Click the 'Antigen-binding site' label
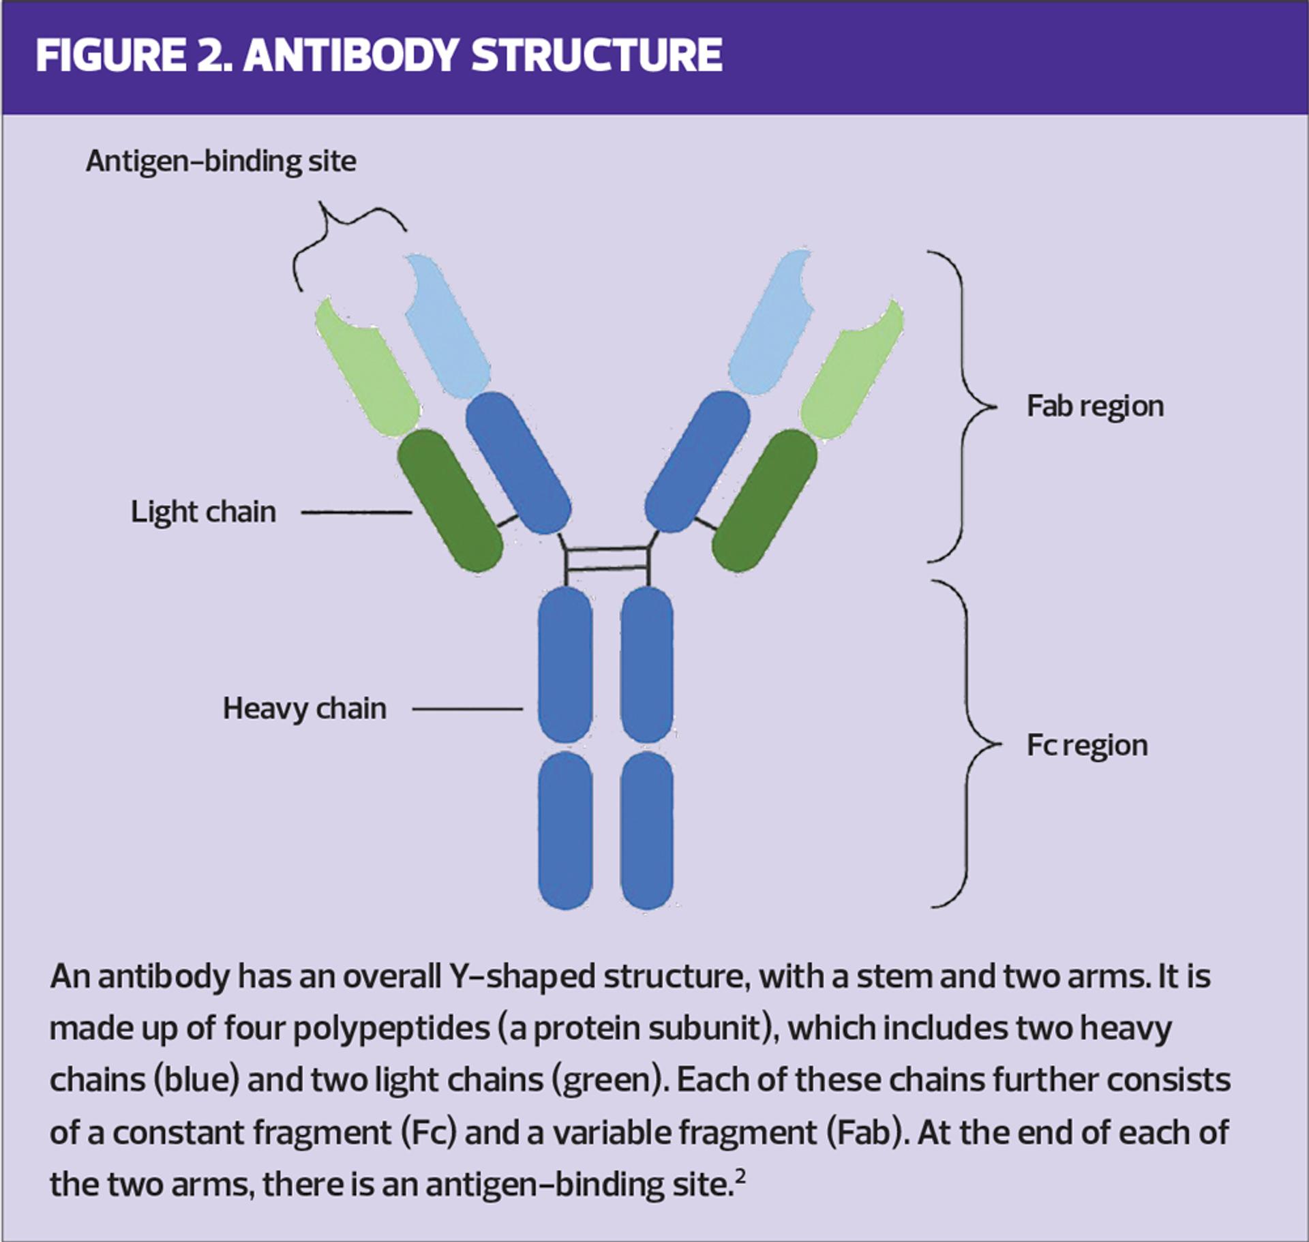pyautogui.click(x=220, y=162)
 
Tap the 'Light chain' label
pyautogui.click(x=203, y=512)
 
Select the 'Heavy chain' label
pyautogui.click(x=304, y=708)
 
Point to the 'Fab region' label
pyautogui.click(x=1095, y=406)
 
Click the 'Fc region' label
pyautogui.click(x=1087, y=745)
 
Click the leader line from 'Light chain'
pyautogui.click(x=356, y=512)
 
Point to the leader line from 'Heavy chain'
pyautogui.click(x=467, y=709)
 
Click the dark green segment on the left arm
pyautogui.click(x=450, y=500)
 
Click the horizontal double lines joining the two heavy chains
pyautogui.click(x=607, y=558)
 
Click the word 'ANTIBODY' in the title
pyautogui.click(x=349, y=55)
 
